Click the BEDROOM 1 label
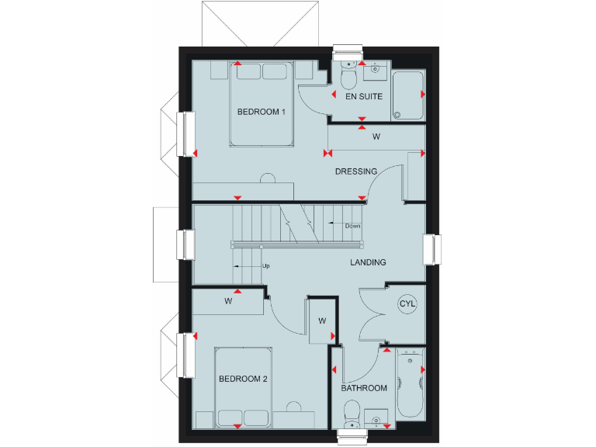coord(262,112)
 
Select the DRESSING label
coord(355,172)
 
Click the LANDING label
coord(367,262)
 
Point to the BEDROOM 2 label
coord(243,379)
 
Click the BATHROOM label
coord(364,388)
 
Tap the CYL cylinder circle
coord(407,303)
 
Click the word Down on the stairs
coord(352,226)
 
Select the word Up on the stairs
coord(265,266)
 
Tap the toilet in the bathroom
coord(351,411)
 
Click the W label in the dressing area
coord(376,137)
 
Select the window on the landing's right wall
coord(432,249)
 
